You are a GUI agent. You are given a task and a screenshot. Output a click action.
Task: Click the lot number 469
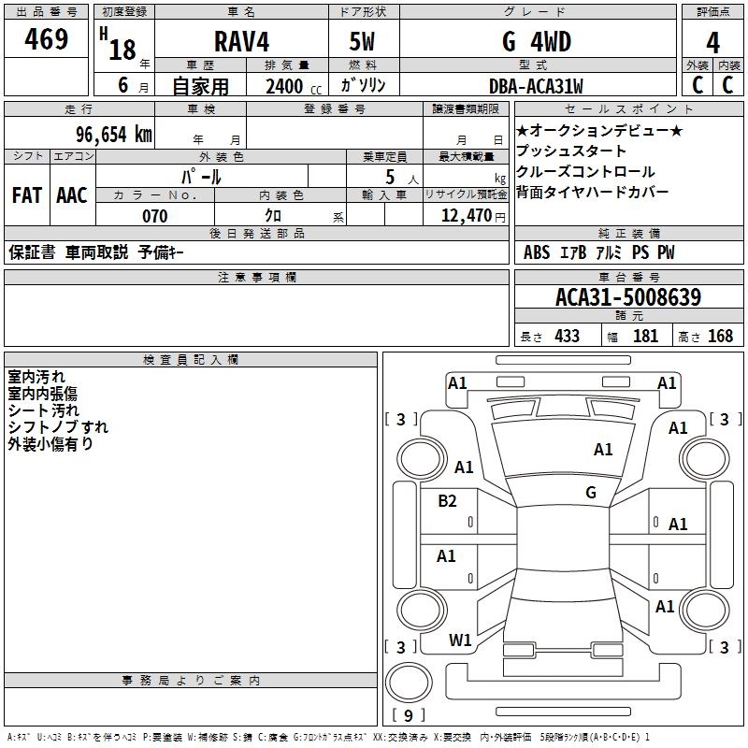(48, 39)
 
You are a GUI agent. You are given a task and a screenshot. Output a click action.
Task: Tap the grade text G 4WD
(536, 42)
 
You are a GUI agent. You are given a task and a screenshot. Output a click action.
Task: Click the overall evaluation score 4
(713, 43)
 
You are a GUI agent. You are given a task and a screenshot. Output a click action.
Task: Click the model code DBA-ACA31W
(536, 87)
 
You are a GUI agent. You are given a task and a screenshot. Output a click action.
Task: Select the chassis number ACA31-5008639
(627, 297)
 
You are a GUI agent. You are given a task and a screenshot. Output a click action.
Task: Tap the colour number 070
(154, 216)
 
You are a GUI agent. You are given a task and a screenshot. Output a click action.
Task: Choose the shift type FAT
(26, 195)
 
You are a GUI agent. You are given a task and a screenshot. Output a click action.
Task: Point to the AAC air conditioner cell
(72, 195)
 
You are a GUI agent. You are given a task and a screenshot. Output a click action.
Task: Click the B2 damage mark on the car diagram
(448, 501)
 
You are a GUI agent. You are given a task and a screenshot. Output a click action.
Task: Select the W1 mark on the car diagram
(460, 640)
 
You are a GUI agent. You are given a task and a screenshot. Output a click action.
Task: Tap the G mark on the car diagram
(591, 492)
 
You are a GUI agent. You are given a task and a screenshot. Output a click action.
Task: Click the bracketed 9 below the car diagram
(408, 716)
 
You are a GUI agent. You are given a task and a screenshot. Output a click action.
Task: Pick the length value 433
(567, 337)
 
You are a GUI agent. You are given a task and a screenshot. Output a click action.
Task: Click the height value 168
(720, 337)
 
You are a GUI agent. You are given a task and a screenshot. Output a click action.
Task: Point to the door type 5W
(362, 42)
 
